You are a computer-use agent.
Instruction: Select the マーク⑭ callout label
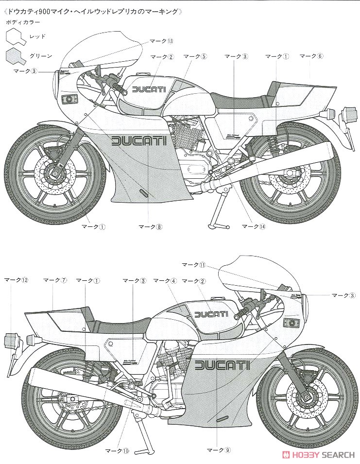click(255, 226)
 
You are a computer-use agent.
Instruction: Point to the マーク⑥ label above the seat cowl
click(311, 56)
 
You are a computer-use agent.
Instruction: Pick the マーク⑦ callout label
click(54, 280)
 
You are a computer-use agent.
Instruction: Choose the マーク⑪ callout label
click(194, 265)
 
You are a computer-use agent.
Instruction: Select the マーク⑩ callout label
click(119, 450)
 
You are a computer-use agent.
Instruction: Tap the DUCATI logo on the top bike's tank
click(149, 89)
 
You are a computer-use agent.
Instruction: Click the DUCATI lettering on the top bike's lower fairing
click(139, 141)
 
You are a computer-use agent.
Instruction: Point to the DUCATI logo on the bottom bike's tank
click(210, 314)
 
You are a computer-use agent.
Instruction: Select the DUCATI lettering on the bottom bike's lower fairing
click(222, 365)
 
